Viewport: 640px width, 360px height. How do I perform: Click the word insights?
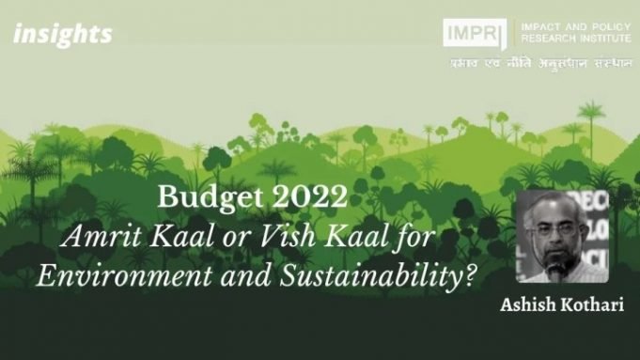pyautogui.click(x=63, y=35)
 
